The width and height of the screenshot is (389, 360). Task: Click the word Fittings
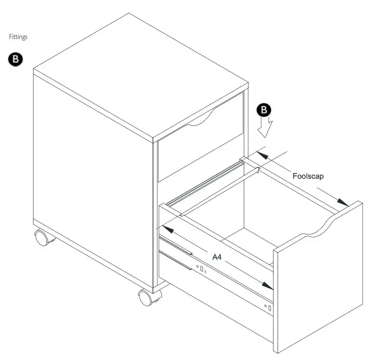(18, 37)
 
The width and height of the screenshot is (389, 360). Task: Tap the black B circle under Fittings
(15, 60)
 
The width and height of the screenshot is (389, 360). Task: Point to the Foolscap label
(308, 176)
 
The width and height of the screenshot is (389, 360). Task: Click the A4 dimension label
(217, 257)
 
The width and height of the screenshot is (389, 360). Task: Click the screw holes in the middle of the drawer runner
(201, 269)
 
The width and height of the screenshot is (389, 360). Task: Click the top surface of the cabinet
(141, 73)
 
